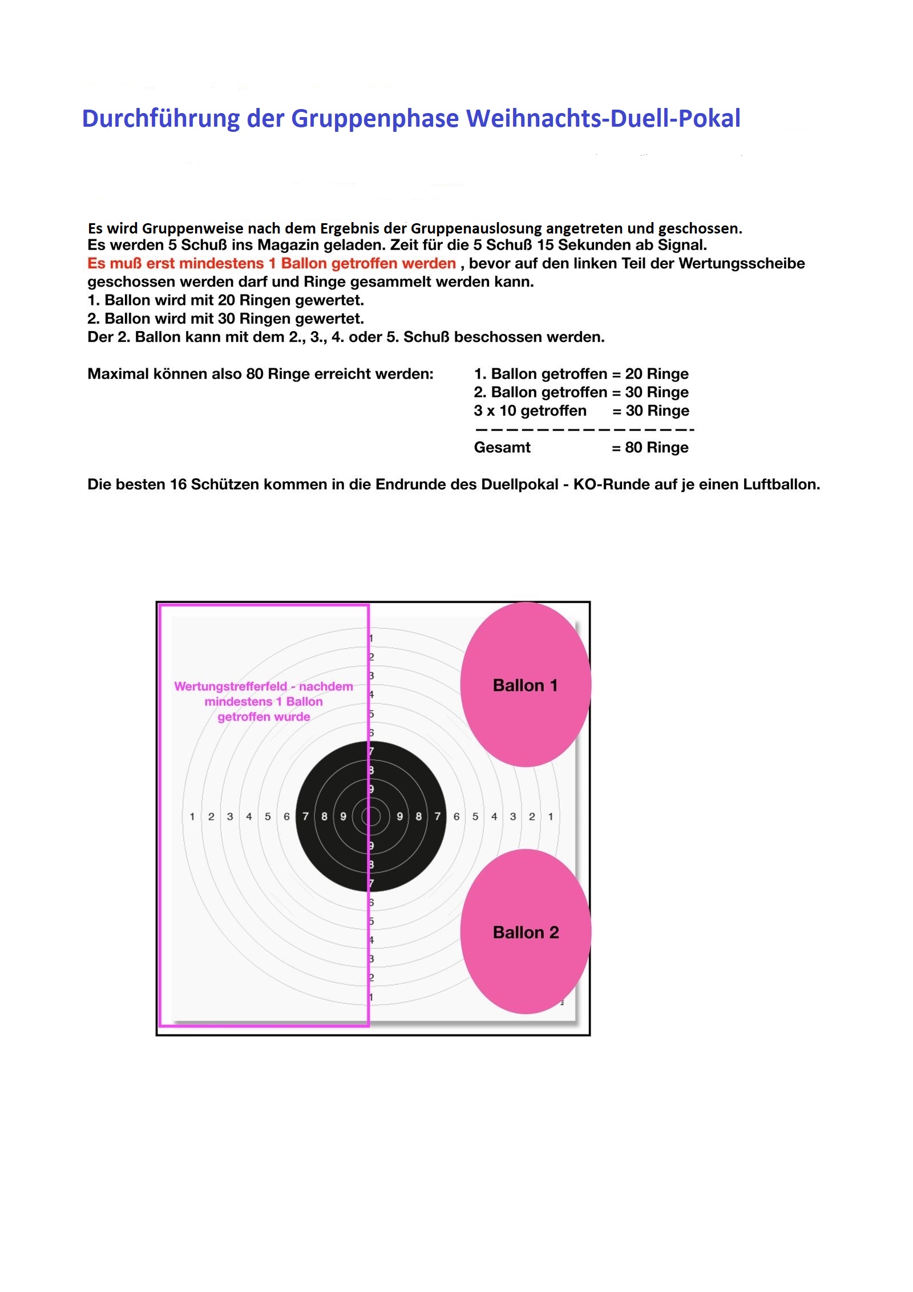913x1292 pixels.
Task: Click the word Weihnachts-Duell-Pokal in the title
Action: [603, 119]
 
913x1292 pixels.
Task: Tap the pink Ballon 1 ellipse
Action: [525, 685]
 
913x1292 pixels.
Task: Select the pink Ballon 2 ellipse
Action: [525, 932]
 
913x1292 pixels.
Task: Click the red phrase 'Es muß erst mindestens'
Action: [177, 264]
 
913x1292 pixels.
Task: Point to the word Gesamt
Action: [502, 448]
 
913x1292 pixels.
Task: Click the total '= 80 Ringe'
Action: [650, 448]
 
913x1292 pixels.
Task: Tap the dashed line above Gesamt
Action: [584, 429]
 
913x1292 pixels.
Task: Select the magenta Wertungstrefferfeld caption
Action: [264, 701]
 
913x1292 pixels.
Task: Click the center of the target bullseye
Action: [370, 816]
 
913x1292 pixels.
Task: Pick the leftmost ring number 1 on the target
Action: [192, 817]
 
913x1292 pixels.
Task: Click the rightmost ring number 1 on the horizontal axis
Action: [551, 817]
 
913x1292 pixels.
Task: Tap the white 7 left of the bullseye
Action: [305, 817]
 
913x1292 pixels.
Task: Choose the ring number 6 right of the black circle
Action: [457, 817]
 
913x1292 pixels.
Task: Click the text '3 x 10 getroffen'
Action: [530, 411]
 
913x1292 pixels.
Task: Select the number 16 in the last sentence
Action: [178, 485]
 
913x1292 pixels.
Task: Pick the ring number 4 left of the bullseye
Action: [249, 817]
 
